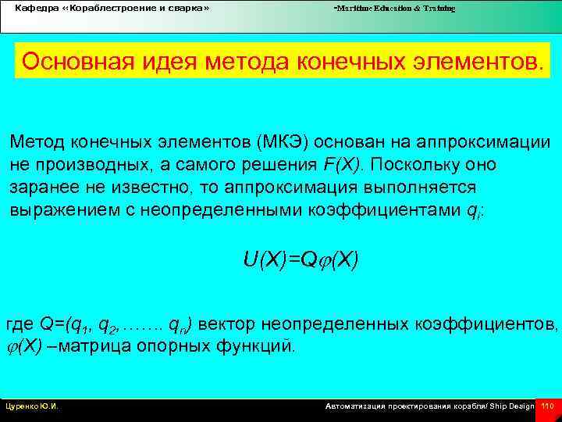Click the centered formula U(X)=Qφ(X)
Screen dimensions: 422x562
tap(301, 259)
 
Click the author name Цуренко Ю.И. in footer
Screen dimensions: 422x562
tap(33, 406)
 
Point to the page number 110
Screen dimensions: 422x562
tap(547, 406)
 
